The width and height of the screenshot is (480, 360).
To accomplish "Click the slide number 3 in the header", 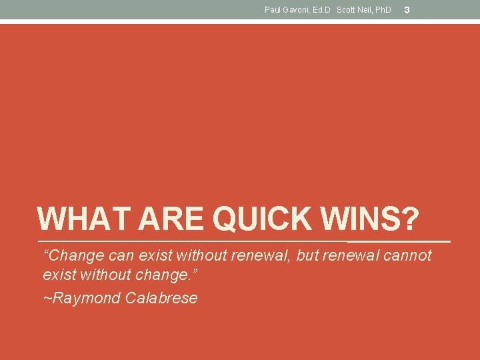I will pos(407,10).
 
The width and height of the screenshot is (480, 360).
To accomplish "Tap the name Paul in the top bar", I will pos(273,10).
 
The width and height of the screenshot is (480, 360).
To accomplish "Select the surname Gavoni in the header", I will pos(297,10).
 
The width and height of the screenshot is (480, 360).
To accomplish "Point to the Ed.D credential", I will pos(323,10).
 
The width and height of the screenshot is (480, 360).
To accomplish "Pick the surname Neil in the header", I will pos(365,10).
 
